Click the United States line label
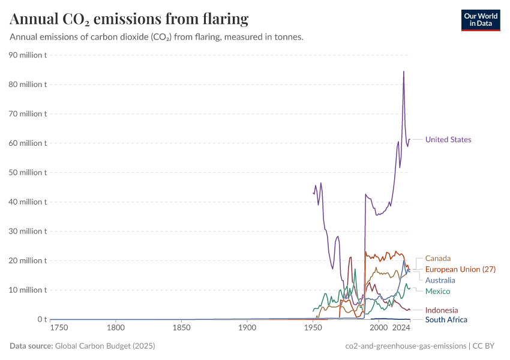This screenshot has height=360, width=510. click(448, 140)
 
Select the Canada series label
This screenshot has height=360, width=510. click(437, 259)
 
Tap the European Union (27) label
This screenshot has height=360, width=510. click(460, 269)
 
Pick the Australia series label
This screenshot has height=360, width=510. click(440, 280)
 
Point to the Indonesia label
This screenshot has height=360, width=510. click(441, 310)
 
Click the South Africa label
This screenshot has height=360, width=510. click(446, 320)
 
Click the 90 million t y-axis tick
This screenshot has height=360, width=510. click(29, 55)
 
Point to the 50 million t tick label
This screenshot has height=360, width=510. click(29, 173)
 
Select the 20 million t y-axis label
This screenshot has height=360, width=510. click(29, 261)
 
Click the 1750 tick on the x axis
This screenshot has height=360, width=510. click(59, 328)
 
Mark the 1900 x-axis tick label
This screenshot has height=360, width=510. click(247, 328)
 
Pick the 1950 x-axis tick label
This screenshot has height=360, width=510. click(312, 328)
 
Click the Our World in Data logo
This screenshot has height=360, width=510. click(480, 20)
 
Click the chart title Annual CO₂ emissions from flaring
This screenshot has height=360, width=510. click(129, 19)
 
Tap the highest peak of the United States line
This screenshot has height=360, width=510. click(403, 71)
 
